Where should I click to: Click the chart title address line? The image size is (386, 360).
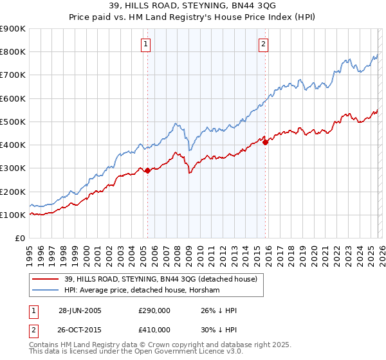pos(193,6)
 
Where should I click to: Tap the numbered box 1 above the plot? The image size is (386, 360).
pos(147,44)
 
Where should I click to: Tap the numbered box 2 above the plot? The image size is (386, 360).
pos(264,44)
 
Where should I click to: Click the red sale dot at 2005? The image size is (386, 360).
pos(148,170)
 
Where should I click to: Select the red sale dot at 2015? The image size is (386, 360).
pos(265,142)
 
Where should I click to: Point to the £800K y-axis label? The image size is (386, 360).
pos(13,52)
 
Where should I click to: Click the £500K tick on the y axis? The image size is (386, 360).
pos(13,122)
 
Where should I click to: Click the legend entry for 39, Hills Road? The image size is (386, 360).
pos(161,279)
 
